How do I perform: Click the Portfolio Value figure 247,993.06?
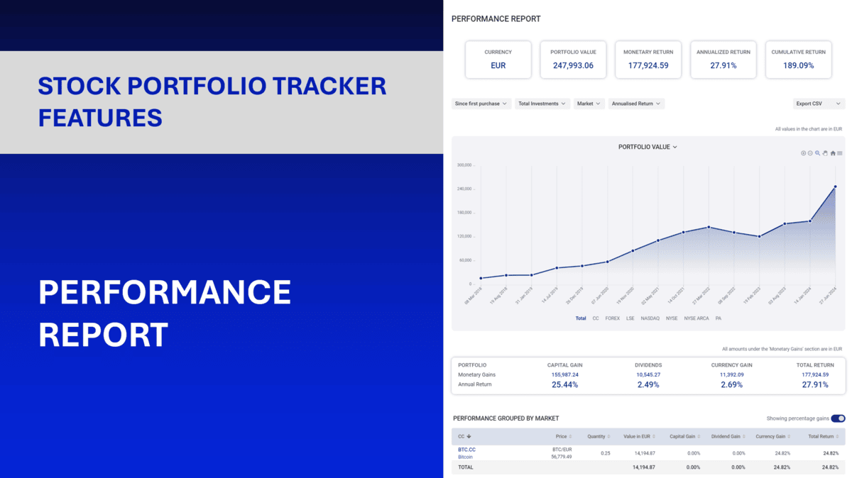tap(573, 65)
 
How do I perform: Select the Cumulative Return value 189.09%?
tap(799, 65)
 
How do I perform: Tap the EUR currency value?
tap(498, 65)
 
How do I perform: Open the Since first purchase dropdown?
tap(481, 104)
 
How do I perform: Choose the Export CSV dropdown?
tap(818, 104)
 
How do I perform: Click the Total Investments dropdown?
tap(542, 104)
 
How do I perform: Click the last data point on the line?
tap(835, 187)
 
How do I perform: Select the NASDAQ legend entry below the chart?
tap(650, 318)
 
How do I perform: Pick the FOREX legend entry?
tap(612, 318)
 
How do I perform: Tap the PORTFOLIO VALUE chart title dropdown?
tap(648, 147)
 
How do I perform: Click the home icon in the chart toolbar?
tap(833, 153)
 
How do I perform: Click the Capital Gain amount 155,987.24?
tap(564, 374)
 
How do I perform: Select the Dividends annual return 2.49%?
tap(648, 384)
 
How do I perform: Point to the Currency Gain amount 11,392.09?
tap(731, 374)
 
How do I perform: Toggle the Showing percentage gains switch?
tap(838, 418)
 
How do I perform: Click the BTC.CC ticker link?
tap(466, 450)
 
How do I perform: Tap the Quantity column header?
tap(596, 436)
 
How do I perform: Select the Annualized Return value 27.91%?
tap(723, 65)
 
